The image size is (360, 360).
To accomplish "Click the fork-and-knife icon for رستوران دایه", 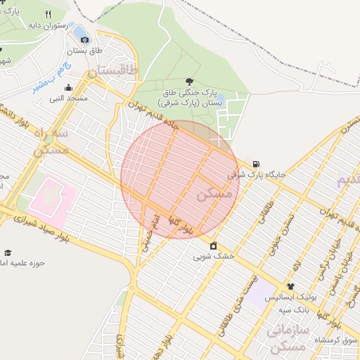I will [48, 14].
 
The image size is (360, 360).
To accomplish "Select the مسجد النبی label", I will [67, 98].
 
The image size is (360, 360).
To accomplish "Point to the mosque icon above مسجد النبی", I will [68, 88].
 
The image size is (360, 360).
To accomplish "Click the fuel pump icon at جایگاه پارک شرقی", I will [254, 163].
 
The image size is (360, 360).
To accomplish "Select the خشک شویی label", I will [214, 257].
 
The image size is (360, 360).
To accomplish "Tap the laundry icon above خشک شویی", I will [213, 245].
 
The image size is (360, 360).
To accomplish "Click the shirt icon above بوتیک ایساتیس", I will [290, 287].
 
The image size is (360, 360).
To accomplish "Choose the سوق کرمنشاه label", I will [337, 340].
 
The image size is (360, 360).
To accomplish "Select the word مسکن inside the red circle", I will [214, 195].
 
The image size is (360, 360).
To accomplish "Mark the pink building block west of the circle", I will [51, 196].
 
